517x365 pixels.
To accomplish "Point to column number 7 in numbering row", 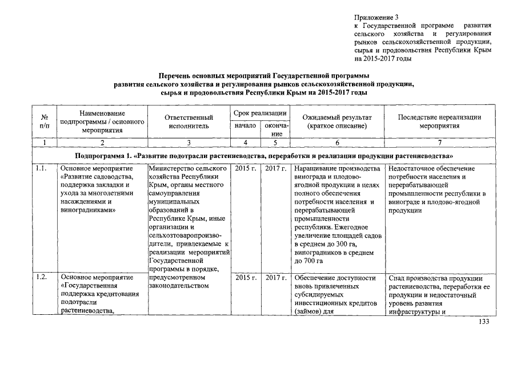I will [439, 143].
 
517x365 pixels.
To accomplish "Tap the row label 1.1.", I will [41, 169].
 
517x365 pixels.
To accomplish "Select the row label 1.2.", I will [41, 277].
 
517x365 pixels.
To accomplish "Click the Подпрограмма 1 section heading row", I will [265, 155].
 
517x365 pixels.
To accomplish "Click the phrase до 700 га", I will [309, 260].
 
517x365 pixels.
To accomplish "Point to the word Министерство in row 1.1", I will [172, 169].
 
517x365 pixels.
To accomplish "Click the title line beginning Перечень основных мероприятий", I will [263, 75].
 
